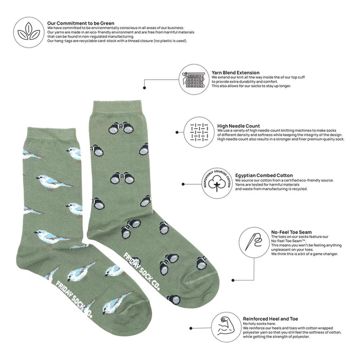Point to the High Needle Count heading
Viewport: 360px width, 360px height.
coord(238,126)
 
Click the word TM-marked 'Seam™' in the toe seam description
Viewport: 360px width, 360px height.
coord(298,241)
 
